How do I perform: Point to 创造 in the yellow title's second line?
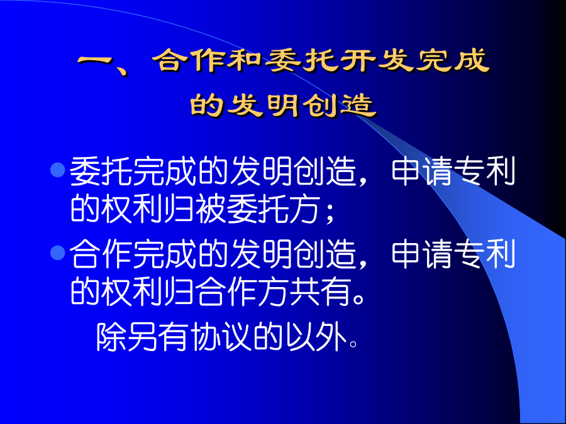coord(340,106)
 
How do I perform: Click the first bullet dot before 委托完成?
coord(57,170)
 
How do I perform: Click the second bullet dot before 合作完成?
coord(57,253)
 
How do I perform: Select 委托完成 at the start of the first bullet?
coord(133,171)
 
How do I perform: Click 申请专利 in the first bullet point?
coord(453,171)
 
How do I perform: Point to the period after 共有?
coord(358,299)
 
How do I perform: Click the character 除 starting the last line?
coord(111,337)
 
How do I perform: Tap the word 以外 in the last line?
coord(316,337)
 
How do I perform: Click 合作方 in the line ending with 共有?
coord(243,291)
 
